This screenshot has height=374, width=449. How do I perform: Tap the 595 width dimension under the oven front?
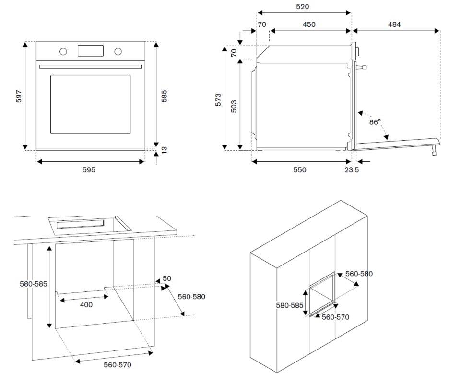click(x=89, y=170)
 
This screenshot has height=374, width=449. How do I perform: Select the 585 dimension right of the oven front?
click(x=164, y=96)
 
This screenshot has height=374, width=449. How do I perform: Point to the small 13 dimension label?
click(x=164, y=150)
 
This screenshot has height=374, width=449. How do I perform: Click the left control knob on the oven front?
click(x=63, y=51)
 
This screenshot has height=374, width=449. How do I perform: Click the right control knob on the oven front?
click(x=118, y=51)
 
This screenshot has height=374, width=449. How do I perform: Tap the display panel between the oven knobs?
click(x=90, y=50)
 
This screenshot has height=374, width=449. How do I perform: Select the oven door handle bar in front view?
click(x=90, y=66)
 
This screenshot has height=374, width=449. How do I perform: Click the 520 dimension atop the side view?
click(x=303, y=7)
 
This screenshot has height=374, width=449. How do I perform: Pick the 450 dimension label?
click(x=309, y=24)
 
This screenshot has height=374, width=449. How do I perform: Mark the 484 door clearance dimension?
click(x=394, y=24)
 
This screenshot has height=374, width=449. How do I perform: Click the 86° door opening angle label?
click(x=375, y=122)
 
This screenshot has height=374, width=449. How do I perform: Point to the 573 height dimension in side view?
click(x=218, y=99)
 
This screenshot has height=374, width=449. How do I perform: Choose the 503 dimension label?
click(x=234, y=106)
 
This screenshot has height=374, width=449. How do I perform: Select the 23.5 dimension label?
click(x=352, y=170)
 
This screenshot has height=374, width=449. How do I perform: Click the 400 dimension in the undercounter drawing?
click(x=86, y=304)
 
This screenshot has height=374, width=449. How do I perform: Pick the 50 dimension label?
click(x=167, y=279)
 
